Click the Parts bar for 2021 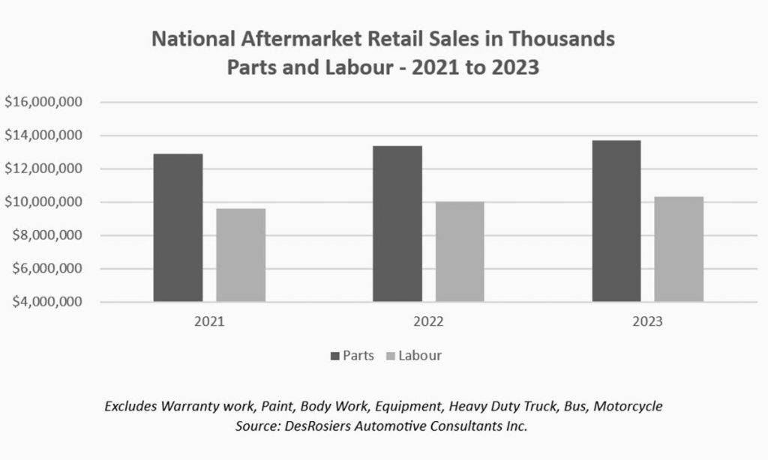pos(178,228)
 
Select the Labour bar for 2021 pos(241,255)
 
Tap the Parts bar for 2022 pos(397,224)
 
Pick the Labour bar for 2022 pos(460,252)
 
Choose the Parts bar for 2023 pos(616,221)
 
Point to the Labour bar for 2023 pos(679,249)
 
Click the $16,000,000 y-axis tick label pos(43,102)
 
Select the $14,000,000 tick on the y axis pos(43,135)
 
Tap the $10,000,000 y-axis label pos(43,202)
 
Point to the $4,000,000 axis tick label pos(47,301)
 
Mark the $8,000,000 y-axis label pos(47,235)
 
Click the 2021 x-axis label pos(209,321)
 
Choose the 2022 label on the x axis pos(428,321)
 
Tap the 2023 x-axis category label pos(647,321)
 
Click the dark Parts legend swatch pos(335,357)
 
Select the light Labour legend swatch pos(391,357)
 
